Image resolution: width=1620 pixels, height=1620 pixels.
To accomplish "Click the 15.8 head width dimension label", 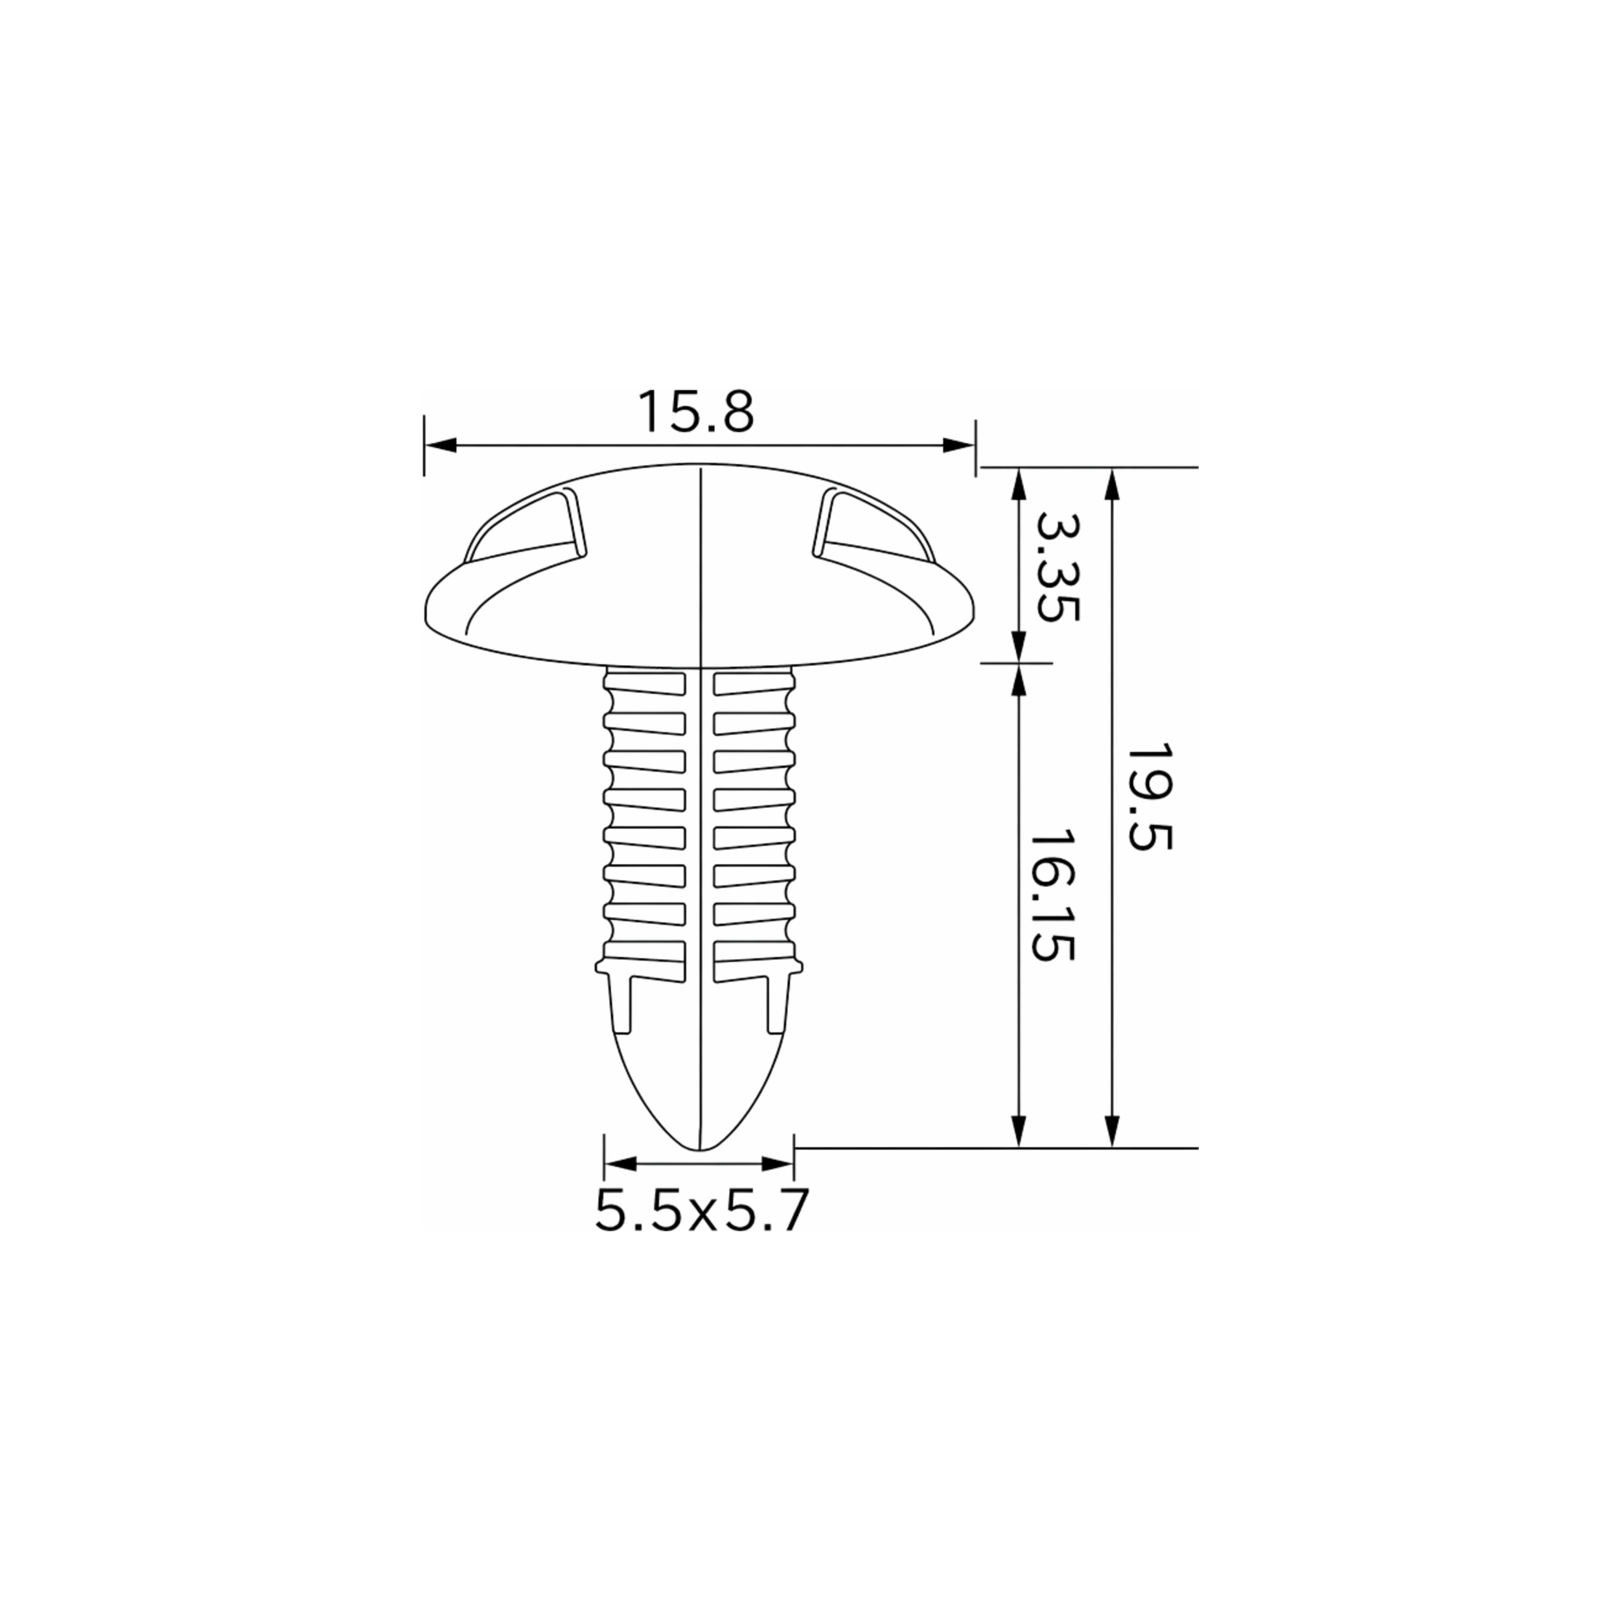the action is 696,411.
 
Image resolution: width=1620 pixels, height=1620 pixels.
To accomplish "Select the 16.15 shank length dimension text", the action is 1052,896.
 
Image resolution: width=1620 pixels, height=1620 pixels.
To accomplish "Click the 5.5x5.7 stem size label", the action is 701,1211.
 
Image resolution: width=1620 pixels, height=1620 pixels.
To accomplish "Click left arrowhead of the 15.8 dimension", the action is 439,445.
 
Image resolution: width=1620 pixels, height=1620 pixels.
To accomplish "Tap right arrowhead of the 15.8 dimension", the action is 959,445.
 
